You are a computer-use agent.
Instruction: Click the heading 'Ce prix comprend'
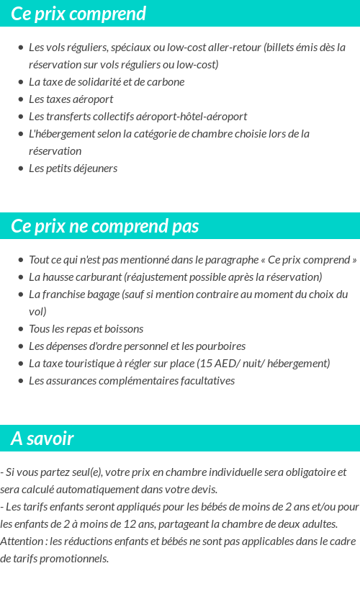tap(78, 14)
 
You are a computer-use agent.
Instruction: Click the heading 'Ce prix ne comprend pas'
tap(104, 226)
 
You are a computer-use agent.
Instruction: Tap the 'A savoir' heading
tap(42, 439)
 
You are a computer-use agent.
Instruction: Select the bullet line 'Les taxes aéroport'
tap(71, 99)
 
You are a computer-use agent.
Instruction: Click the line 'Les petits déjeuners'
tap(73, 168)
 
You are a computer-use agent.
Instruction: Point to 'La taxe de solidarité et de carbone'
tap(107, 81)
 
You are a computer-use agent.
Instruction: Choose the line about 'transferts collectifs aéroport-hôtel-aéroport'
tap(138, 116)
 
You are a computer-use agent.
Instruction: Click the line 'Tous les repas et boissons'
tap(86, 328)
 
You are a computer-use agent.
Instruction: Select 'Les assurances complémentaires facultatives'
tap(132, 380)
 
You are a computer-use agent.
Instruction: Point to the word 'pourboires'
tap(221, 346)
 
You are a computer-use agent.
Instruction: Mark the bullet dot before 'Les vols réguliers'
tap(20, 48)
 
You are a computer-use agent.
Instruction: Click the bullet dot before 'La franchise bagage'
tap(20, 294)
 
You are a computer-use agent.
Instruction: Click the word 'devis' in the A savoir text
tap(204, 489)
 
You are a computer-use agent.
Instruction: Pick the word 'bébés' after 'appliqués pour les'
tap(181, 506)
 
